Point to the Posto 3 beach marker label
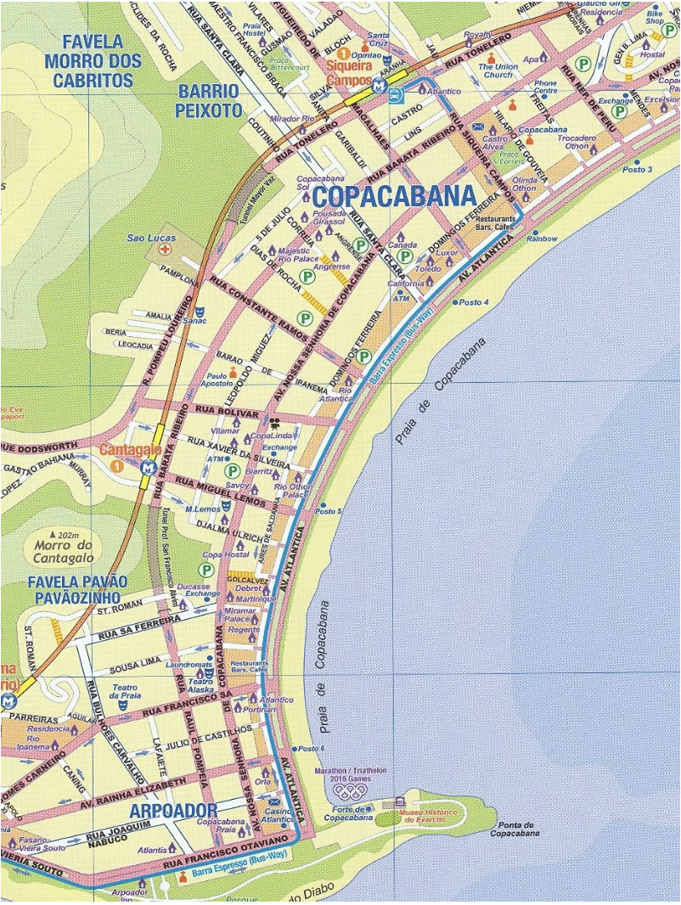(637, 170)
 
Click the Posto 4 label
(474, 302)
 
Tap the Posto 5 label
(328, 511)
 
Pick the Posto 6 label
(311, 748)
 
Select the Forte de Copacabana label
(349, 812)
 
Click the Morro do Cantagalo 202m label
(67, 546)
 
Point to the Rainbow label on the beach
(542, 239)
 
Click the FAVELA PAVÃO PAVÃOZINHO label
(76, 590)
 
